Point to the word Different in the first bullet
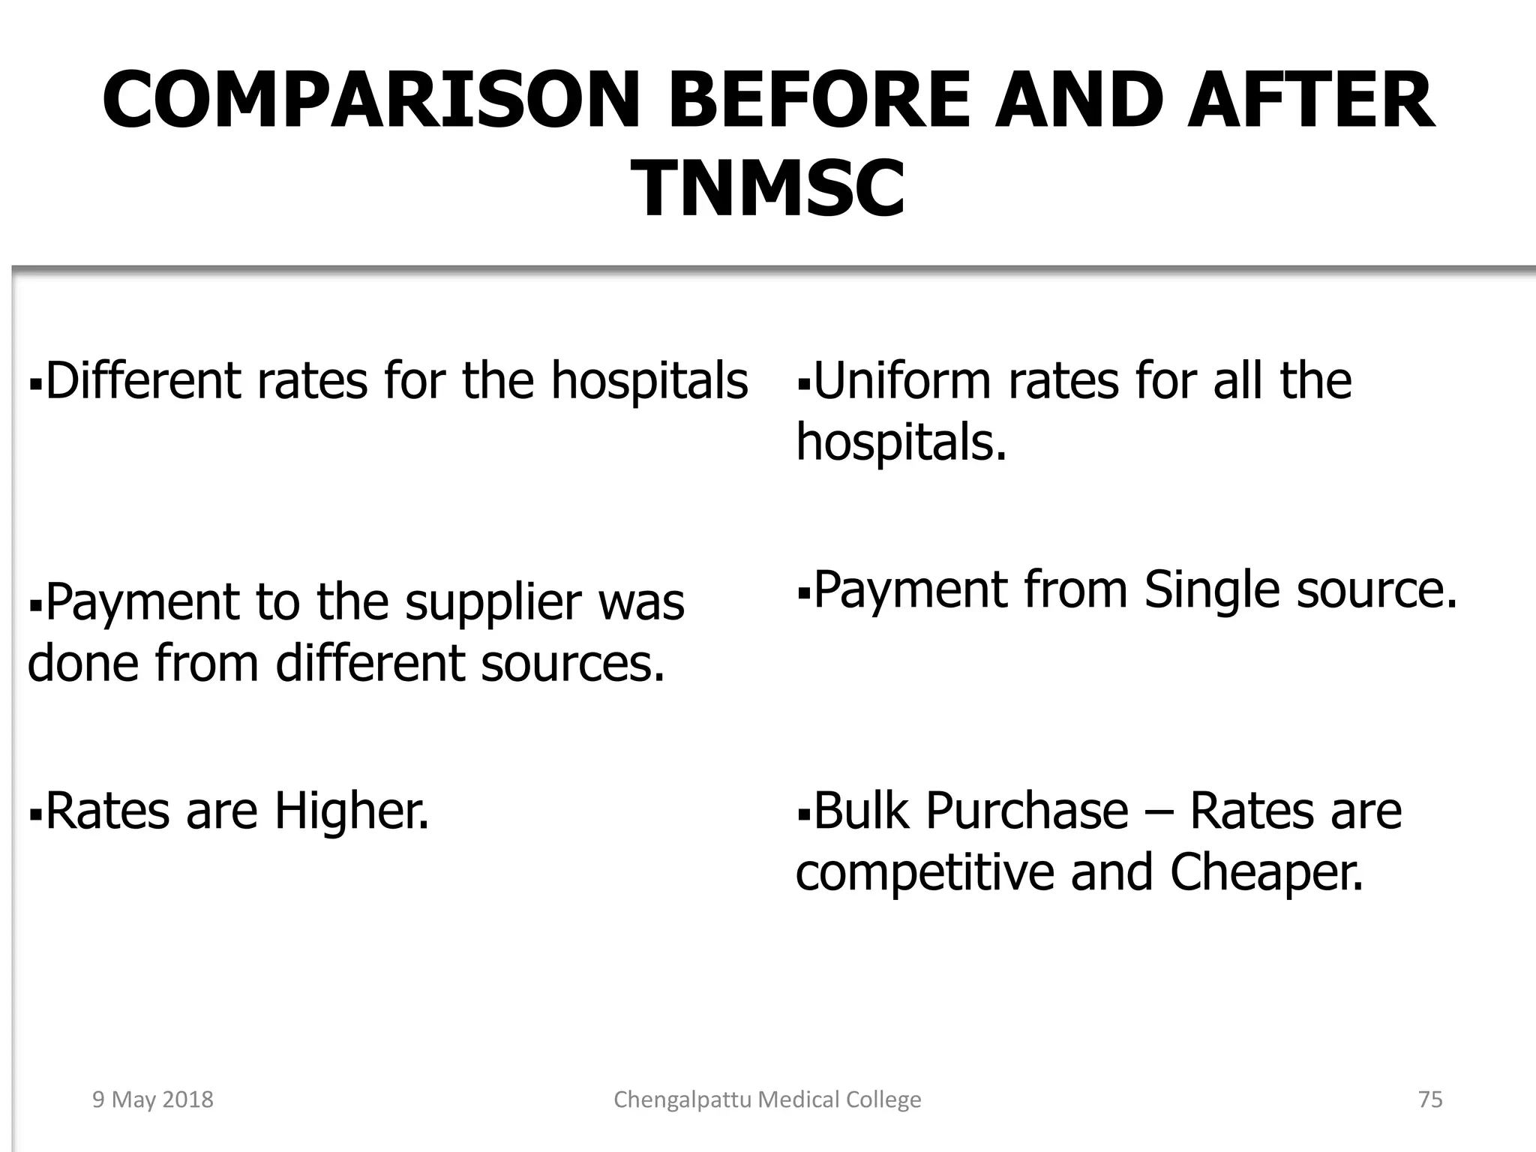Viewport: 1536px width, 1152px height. (x=142, y=380)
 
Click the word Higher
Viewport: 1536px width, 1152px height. (x=351, y=811)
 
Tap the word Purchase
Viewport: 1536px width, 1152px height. (x=1027, y=811)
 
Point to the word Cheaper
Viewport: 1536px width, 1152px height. (x=1267, y=873)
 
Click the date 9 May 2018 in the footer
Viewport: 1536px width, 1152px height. (x=153, y=1099)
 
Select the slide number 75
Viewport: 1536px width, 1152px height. (x=1430, y=1099)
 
